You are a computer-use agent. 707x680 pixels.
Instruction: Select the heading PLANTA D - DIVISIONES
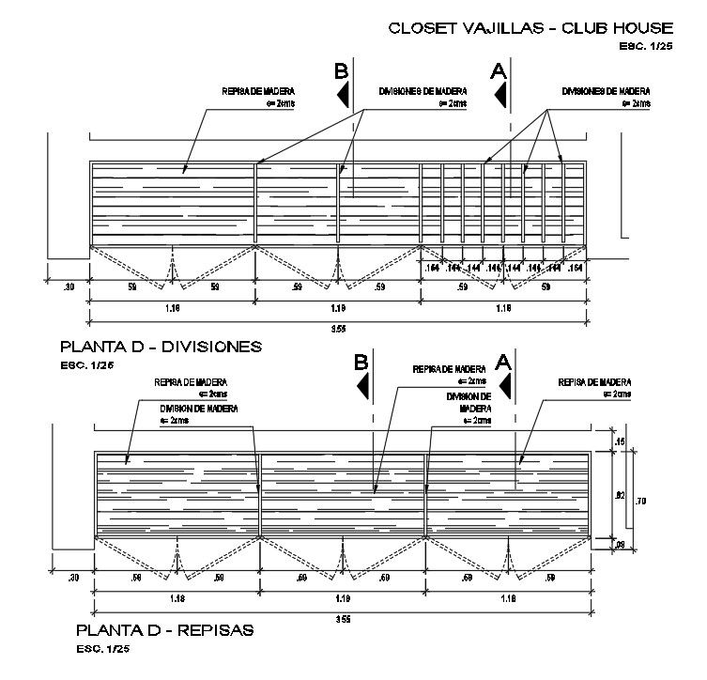[x=160, y=347]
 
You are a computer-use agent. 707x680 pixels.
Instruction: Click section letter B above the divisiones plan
[x=341, y=71]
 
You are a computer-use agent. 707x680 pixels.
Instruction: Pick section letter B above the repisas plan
[x=361, y=362]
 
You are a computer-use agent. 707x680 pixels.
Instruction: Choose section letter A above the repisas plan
[x=503, y=362]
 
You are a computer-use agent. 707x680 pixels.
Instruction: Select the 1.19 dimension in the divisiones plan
[x=338, y=307]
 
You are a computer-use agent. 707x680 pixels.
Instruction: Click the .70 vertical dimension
[x=641, y=501]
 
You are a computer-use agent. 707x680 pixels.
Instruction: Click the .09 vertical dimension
[x=620, y=544]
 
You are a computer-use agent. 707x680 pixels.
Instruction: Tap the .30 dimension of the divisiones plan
[x=68, y=287]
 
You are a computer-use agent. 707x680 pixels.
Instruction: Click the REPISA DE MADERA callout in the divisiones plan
[x=247, y=92]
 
